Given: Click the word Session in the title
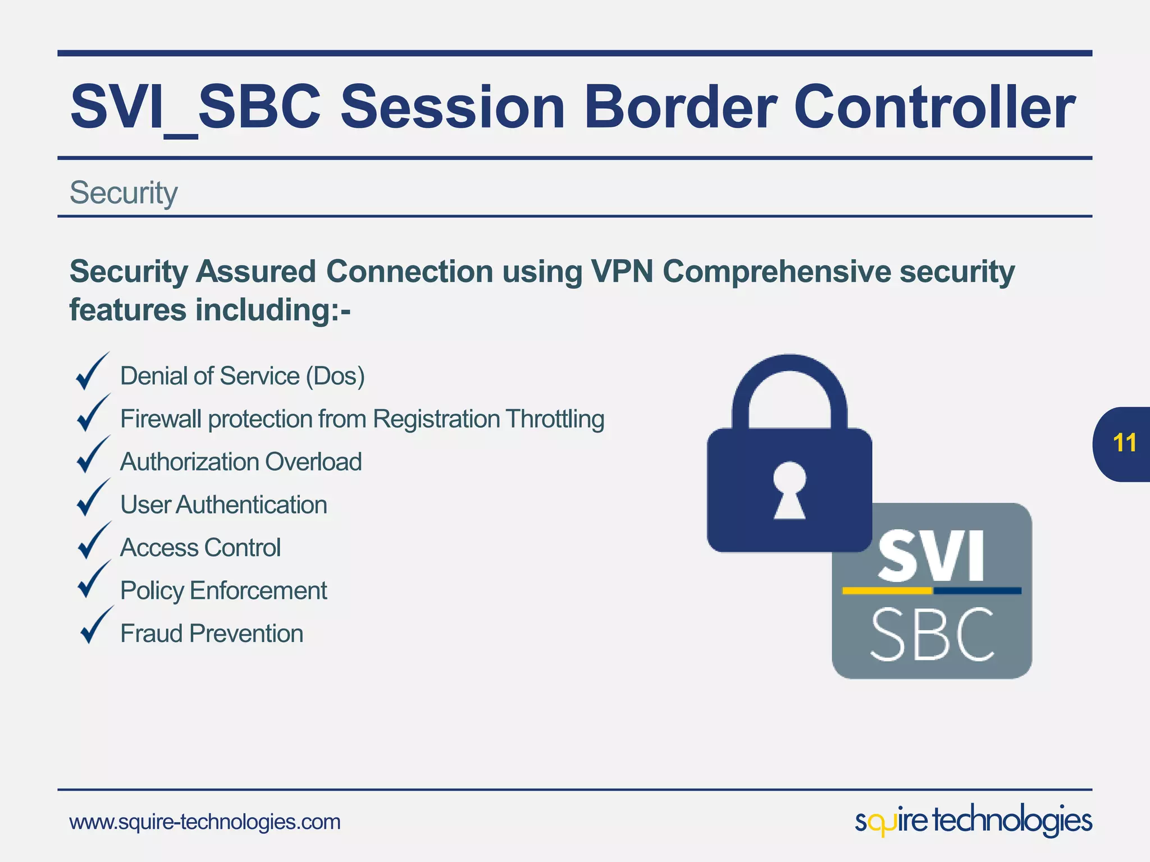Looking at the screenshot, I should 453,107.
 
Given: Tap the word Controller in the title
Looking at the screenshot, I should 934,107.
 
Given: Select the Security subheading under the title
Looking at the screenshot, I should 124,192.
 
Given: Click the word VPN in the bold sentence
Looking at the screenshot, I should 621,272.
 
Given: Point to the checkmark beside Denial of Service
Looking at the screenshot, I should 92,372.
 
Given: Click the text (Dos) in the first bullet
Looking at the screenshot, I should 335,376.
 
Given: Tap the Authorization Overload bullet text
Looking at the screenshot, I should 241,462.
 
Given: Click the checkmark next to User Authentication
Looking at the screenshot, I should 92,498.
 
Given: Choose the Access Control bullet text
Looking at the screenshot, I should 200,548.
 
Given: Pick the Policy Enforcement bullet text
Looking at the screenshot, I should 223,591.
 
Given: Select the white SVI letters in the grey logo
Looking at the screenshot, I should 931,556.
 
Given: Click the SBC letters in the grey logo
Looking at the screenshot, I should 932,635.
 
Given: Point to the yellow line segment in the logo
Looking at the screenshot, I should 887,590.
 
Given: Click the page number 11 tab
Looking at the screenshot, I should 1124,443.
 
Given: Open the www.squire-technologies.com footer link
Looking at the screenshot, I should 205,822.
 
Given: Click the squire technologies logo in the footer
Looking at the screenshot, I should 973,821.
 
